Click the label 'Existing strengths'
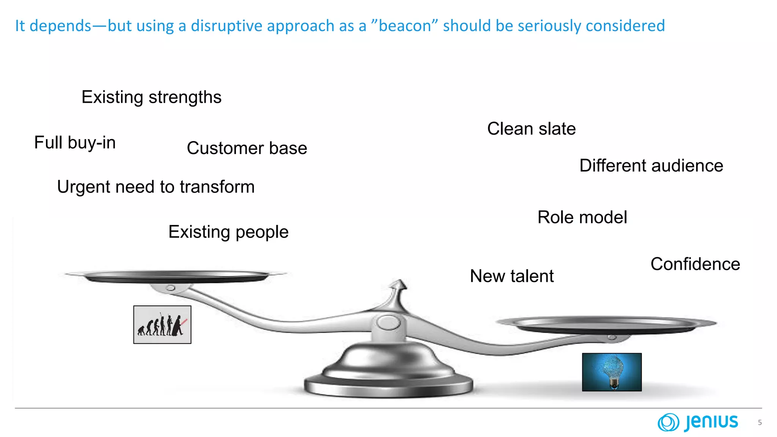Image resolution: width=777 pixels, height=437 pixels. tap(151, 97)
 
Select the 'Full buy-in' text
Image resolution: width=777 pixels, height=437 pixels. tap(75, 143)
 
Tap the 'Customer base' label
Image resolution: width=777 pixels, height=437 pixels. tap(247, 148)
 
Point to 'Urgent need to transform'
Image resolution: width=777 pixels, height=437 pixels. tap(156, 187)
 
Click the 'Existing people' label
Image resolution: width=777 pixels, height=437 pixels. tap(228, 232)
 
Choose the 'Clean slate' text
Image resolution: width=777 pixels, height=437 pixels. tap(531, 129)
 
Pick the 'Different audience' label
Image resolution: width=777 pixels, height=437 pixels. tap(651, 165)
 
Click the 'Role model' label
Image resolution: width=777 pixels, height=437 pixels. tap(582, 217)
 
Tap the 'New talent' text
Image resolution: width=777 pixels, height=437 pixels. tap(511, 276)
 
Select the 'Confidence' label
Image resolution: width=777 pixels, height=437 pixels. tap(695, 264)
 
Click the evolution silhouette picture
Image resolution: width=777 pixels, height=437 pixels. tap(162, 325)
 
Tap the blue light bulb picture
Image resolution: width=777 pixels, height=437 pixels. tap(612, 372)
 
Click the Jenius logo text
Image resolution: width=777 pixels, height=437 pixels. tap(711, 422)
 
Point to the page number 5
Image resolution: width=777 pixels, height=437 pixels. tap(760, 423)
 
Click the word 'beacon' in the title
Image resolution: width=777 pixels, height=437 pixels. tap(405, 26)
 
